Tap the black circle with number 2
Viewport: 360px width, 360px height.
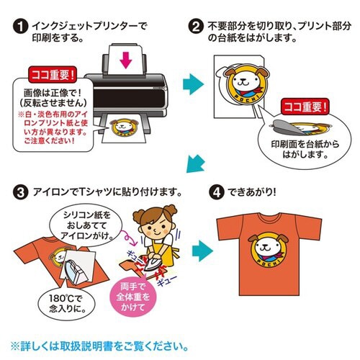click(194, 27)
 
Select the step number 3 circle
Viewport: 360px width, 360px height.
click(21, 192)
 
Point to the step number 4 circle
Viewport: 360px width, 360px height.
click(218, 192)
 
